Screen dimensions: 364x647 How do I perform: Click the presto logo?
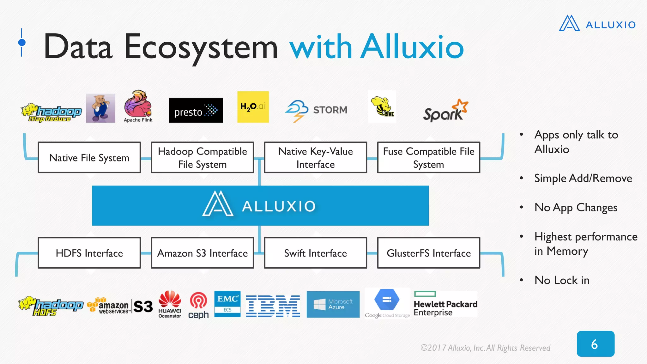pyautogui.click(x=196, y=110)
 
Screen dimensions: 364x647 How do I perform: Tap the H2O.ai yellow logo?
pyautogui.click(x=253, y=107)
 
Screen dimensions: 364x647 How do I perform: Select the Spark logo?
pyautogui.click(x=445, y=111)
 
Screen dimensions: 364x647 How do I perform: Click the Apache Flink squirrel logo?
pyautogui.click(x=138, y=106)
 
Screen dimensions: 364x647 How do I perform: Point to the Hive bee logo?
pyautogui.click(x=382, y=106)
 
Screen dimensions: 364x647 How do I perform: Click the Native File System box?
pyautogui.click(x=89, y=157)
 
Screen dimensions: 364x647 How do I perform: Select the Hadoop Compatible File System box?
pyautogui.click(x=203, y=157)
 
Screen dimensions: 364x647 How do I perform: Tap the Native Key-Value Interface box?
pyautogui.click(x=315, y=157)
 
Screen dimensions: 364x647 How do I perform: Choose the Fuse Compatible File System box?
pyautogui.click(x=429, y=157)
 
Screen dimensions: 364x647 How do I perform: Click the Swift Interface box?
pyautogui.click(x=315, y=253)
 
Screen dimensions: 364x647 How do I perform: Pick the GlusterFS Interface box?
pyautogui.click(x=429, y=253)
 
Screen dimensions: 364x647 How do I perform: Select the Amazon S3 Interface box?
pyautogui.click(x=203, y=253)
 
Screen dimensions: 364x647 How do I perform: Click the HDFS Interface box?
pyautogui.click(x=89, y=253)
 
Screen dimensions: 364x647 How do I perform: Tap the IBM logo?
pyautogui.click(x=273, y=306)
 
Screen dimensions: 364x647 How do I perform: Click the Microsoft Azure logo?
pyautogui.click(x=333, y=304)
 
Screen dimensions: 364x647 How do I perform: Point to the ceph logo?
pyautogui.click(x=198, y=306)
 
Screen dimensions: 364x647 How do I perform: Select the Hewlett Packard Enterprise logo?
pyautogui.click(x=445, y=304)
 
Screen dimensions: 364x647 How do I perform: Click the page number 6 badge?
pyautogui.click(x=595, y=344)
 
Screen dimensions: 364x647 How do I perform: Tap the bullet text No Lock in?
pyautogui.click(x=562, y=280)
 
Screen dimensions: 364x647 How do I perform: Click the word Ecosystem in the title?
pyautogui.click(x=201, y=47)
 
